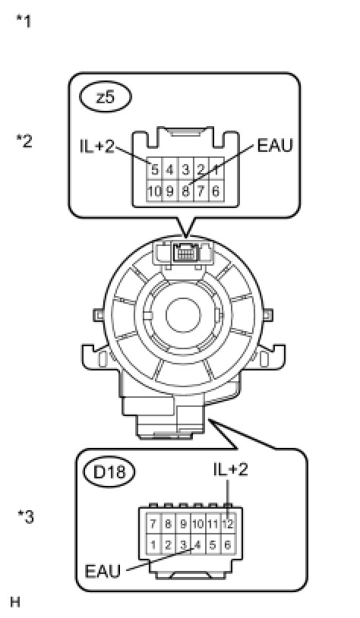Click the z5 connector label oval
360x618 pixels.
coord(106,97)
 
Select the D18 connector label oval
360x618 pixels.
coord(109,471)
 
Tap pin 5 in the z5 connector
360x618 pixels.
coord(154,170)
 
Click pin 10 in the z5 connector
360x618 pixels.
coord(154,191)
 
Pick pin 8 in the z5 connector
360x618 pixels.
coord(185,191)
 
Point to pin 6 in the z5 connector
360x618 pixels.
coord(216,191)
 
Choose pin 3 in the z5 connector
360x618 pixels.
coord(185,170)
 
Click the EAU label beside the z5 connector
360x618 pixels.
coord(275,146)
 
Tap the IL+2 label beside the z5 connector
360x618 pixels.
coord(97,147)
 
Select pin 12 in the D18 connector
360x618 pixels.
coord(228,524)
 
